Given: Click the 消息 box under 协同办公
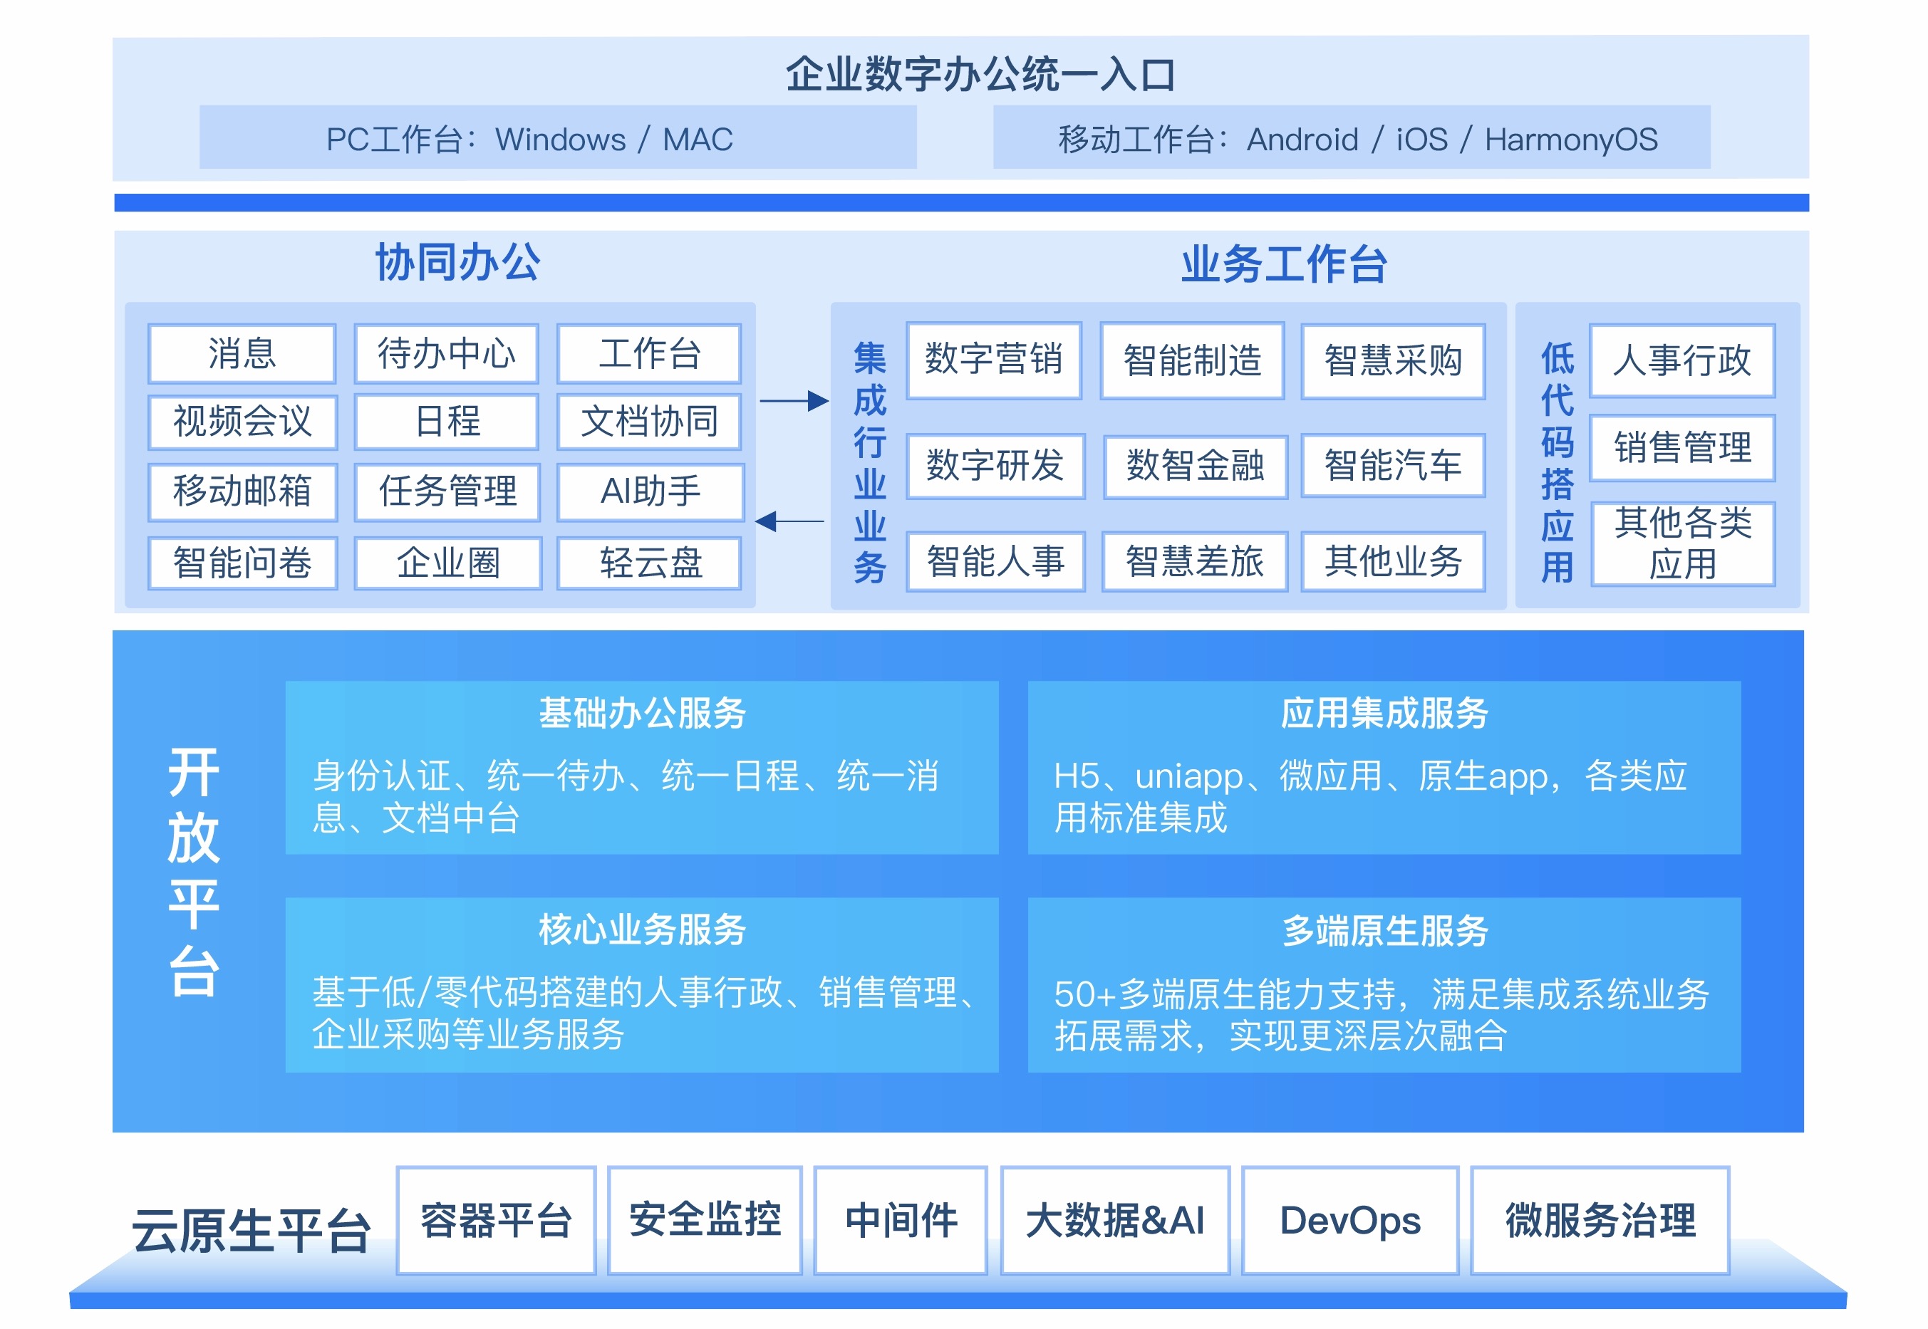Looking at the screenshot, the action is coord(242,353).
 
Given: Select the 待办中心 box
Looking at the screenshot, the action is coord(447,353).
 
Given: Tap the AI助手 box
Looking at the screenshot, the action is coord(651,491).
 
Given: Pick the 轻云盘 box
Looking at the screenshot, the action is coord(650,563).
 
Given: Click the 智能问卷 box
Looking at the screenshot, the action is coord(242,563).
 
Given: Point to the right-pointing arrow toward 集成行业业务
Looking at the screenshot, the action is coord(794,402).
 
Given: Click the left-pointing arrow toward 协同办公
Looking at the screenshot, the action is coord(789,521).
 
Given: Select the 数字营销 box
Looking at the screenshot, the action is coord(993,360).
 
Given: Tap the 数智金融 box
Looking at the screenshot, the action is coord(1195,467).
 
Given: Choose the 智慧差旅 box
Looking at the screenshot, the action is coord(1194,561).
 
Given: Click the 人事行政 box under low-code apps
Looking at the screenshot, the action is coord(1682,360).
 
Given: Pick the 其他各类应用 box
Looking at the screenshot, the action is coord(1683,543).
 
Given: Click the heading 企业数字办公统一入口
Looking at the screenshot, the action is coord(980,74).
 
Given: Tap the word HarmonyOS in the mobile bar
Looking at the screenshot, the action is coord(1571,139).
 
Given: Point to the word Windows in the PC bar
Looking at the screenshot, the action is coord(561,139).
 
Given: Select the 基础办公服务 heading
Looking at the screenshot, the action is coord(642,713).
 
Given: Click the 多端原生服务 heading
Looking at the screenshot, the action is coord(1385,930).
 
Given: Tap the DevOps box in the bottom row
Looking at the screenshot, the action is coord(1350,1221).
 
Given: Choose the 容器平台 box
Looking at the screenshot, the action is coord(497,1221).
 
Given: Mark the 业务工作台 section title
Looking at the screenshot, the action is coord(1284,264).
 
